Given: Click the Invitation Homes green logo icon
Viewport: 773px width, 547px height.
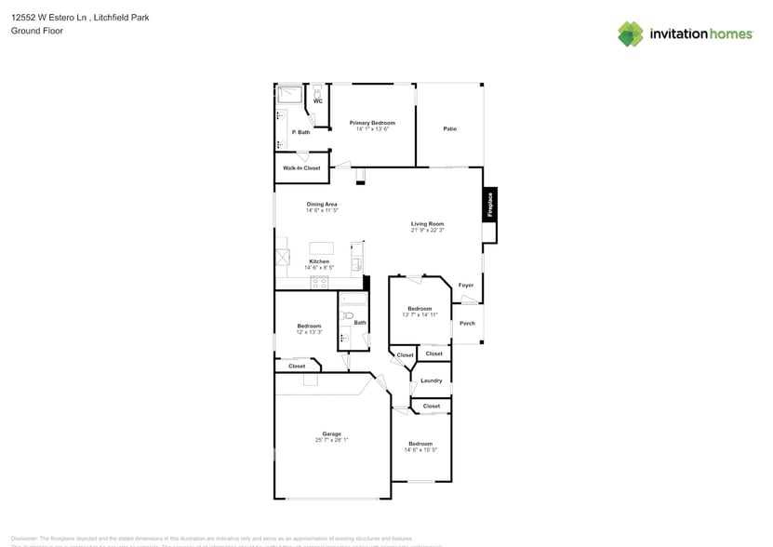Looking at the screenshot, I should coord(631,33).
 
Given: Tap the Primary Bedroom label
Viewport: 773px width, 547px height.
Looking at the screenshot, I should coord(372,123).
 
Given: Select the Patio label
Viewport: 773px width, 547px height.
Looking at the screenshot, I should coord(449,128).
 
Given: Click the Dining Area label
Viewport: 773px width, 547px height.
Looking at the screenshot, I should coord(322,204).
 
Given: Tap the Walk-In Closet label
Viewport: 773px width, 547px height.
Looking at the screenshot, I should coord(301,168).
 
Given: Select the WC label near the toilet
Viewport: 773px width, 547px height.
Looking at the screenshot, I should coord(317,101).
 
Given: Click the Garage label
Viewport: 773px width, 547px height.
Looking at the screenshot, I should coord(331,434).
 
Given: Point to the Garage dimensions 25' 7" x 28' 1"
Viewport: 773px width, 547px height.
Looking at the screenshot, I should coord(331,440).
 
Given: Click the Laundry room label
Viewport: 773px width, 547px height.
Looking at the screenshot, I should coord(431,380).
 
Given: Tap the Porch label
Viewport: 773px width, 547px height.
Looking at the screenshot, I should coord(468,323).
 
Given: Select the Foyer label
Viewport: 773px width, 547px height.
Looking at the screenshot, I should coord(466,285).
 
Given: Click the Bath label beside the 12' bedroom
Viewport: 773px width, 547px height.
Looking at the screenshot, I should coord(360,323).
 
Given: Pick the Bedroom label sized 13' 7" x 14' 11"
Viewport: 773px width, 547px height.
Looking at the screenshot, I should coord(420,308).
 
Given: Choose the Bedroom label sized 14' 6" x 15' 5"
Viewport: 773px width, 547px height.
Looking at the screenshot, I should coord(420,444).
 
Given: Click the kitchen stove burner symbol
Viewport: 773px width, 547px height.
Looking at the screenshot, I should coord(319,282).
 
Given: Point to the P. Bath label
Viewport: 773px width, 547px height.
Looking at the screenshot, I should coord(300,132).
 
